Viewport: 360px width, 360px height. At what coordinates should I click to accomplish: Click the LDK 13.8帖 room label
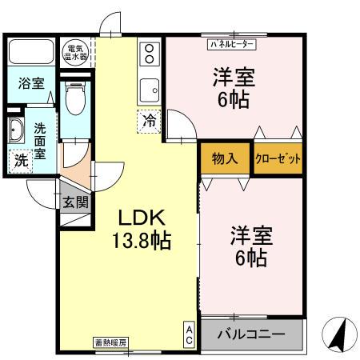coord(145,230)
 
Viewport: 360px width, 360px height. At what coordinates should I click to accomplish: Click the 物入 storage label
coord(225,158)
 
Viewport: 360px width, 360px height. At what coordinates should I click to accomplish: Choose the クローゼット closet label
coord(278,158)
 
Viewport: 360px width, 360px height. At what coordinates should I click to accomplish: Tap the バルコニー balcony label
coord(253,334)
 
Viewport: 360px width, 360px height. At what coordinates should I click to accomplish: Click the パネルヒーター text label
coord(233,45)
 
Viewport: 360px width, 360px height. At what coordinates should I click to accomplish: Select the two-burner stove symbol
coord(150,54)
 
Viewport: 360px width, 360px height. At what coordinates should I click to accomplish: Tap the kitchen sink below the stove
coord(150,87)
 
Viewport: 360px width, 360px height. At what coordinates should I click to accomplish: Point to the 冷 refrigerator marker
coord(150,122)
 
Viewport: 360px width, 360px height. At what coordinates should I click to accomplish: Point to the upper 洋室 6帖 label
coord(234,88)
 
